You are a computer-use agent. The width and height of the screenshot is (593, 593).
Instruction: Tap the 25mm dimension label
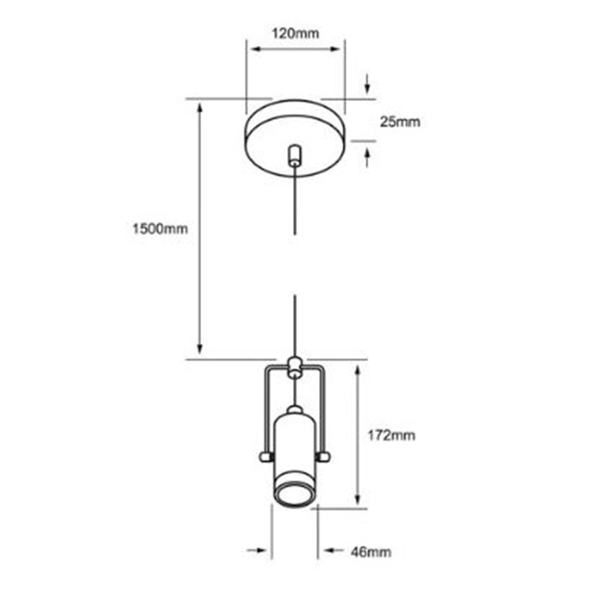coord(400,122)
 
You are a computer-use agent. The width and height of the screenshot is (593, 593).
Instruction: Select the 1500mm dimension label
coord(160,229)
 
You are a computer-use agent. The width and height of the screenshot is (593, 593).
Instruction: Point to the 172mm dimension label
coord(391,435)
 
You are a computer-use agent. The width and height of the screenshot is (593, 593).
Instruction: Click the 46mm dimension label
coord(371,552)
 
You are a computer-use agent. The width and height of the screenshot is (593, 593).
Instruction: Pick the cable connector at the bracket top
coord(295,367)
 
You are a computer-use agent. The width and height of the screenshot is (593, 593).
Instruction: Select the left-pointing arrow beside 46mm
coord(330,551)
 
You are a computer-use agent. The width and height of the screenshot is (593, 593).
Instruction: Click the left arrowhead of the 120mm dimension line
coord(255,49)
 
